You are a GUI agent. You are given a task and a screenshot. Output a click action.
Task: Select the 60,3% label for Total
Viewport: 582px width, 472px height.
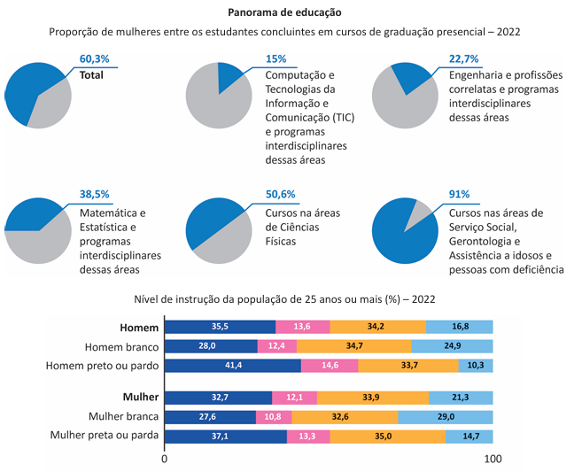coord(94,59)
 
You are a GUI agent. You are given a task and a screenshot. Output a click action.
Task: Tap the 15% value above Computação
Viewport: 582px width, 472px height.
coord(275,59)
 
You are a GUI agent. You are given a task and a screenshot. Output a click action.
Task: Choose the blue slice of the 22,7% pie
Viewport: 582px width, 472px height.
coord(415,77)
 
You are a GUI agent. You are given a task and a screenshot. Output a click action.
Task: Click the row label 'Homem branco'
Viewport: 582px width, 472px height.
coord(120,347)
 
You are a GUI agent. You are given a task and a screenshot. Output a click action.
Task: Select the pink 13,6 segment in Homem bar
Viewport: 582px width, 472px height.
coord(303,327)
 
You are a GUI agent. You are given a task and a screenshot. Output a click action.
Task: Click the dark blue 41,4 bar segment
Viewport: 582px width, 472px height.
coord(234,365)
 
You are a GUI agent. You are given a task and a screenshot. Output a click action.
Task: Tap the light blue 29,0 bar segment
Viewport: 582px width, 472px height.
coord(446,416)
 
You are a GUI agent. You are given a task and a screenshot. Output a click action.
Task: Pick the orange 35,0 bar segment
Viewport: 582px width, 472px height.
coord(387,436)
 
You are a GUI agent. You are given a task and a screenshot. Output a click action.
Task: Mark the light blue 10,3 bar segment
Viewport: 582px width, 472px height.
coord(477,365)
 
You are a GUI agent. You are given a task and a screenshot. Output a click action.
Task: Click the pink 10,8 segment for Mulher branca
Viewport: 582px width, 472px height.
coord(273,416)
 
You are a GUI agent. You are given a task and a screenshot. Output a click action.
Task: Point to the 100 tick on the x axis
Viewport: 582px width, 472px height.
coord(493,460)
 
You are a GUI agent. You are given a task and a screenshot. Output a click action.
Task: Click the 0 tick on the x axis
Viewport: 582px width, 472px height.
coord(165,460)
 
